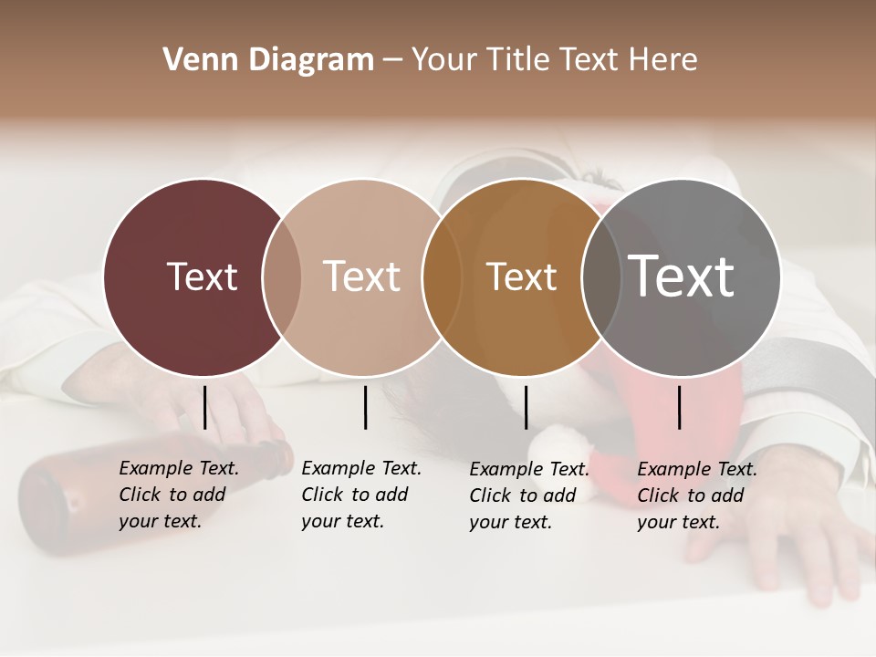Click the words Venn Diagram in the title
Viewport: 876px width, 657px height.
[268, 60]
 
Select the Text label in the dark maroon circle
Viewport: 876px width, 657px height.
[202, 276]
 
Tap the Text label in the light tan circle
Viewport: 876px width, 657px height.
[362, 276]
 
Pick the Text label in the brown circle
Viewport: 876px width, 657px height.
[521, 276]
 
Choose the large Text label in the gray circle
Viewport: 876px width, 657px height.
[682, 276]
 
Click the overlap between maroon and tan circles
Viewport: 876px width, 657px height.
[282, 276]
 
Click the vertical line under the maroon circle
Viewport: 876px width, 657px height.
[204, 407]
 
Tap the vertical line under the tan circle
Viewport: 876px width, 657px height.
[365, 407]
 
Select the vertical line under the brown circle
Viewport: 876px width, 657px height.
[526, 407]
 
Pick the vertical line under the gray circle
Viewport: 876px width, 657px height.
[679, 407]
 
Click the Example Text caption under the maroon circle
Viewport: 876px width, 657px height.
[178, 495]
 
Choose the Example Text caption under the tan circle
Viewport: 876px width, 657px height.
[360, 495]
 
